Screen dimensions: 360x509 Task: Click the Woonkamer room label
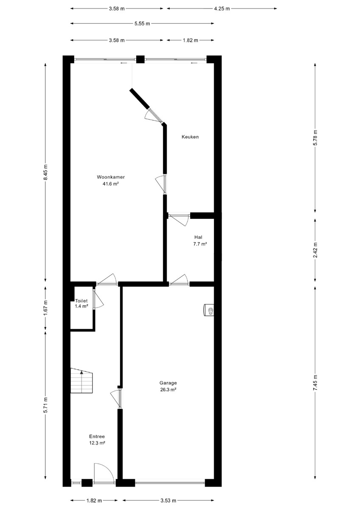tap(111, 177)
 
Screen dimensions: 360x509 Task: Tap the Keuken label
tap(190, 137)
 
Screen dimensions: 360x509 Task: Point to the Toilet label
tap(82, 301)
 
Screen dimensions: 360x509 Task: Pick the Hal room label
tap(198, 237)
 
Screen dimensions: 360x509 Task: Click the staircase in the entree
tap(82, 380)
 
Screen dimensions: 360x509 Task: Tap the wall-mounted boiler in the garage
tap(209, 310)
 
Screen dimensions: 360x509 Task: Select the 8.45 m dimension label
tap(46, 172)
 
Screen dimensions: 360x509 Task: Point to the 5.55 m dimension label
tap(142, 23)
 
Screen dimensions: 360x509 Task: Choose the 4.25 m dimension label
tap(222, 8)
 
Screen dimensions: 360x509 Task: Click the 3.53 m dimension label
tap(168, 500)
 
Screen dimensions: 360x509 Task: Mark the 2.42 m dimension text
tap(315, 250)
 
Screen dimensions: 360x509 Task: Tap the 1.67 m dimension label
tap(46, 308)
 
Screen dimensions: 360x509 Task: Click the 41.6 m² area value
tap(111, 184)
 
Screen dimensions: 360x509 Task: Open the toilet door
tap(98, 299)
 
